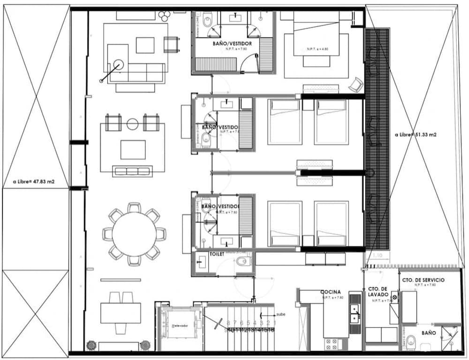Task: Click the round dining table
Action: tap(134, 234)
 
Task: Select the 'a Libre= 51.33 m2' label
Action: tap(416, 135)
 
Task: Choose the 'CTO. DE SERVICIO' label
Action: tap(423, 280)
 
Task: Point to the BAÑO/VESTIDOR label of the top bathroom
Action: tap(232, 43)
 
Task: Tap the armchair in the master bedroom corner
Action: tap(356, 85)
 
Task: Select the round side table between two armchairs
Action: tap(132, 124)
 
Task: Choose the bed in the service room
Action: tap(409, 306)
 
